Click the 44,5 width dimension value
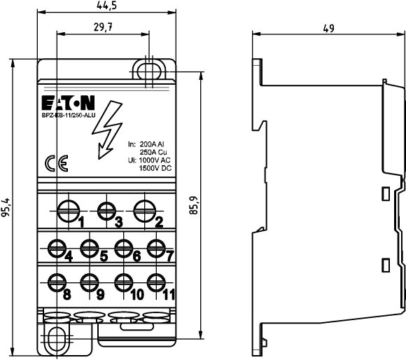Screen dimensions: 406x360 click(106, 5)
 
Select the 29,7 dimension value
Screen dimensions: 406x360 click(103, 27)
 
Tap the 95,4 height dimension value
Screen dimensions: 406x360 click(6, 207)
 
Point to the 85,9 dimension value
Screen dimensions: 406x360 click(193, 205)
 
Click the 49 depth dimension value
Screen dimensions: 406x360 click(328, 28)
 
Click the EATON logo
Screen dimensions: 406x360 click(68, 103)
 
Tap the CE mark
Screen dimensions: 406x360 click(57, 163)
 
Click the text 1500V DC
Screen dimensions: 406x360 click(155, 168)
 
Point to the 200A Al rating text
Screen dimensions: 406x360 click(152, 144)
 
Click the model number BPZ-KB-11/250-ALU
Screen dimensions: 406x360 click(69, 116)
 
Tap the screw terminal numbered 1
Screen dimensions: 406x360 click(69, 211)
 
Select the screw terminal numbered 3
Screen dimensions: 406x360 click(106, 211)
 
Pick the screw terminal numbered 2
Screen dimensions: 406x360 click(145, 211)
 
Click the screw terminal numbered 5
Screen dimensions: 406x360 click(90, 249)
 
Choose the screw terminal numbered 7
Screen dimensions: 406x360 click(156, 249)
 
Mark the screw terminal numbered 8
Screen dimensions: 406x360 click(57, 282)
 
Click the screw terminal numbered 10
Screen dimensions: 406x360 click(124, 282)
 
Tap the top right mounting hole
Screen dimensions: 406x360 click(149, 71)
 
